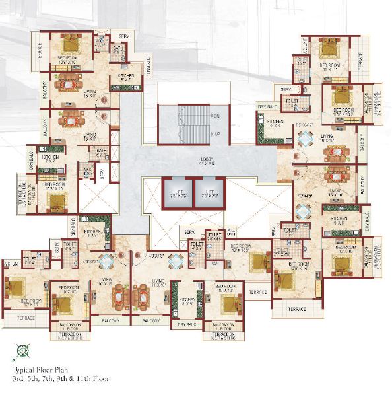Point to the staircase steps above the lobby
click(x=193, y=124)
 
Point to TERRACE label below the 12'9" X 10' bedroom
click(x=296, y=309)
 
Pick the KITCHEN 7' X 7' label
click(x=51, y=159)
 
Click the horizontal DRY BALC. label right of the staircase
click(x=267, y=106)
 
